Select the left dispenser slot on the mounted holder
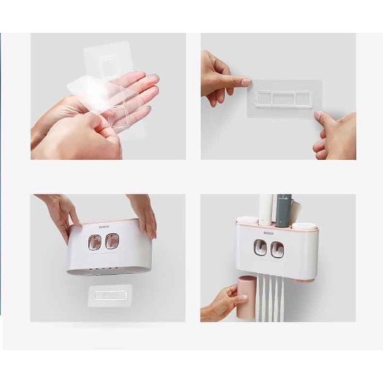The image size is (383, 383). click(x=260, y=248)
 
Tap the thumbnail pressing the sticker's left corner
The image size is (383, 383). click(x=245, y=82)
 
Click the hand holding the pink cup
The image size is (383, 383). click(x=218, y=304)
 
